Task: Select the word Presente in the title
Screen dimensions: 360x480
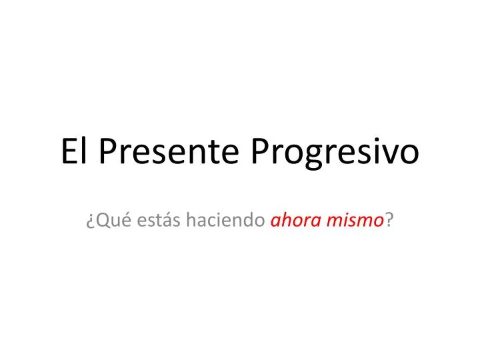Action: (x=170, y=152)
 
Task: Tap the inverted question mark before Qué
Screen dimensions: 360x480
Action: (x=89, y=223)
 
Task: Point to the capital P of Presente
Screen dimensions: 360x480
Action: (x=106, y=152)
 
